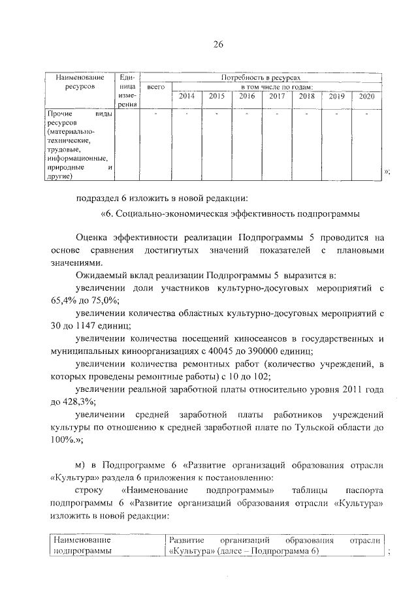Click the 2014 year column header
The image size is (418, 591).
(187, 96)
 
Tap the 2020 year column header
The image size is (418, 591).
(366, 96)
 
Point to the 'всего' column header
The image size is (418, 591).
(155, 86)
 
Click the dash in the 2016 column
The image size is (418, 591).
(246, 114)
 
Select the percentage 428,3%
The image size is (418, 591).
(79, 401)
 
